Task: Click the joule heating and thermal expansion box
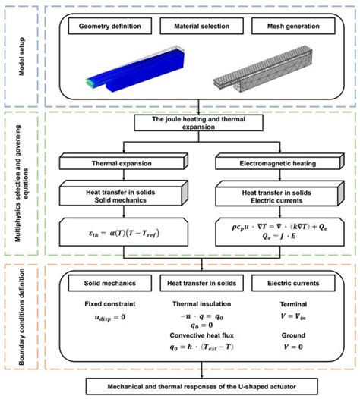click(199, 124)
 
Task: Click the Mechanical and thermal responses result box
click(200, 387)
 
